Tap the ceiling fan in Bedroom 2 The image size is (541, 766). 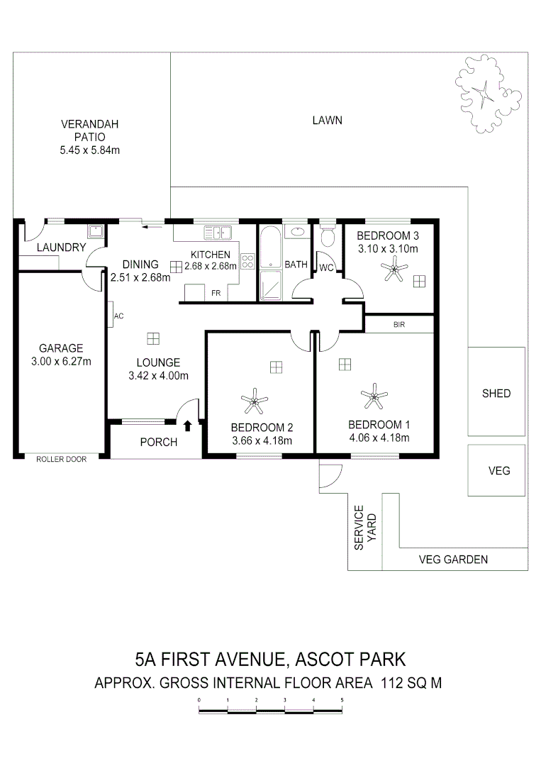point(253,402)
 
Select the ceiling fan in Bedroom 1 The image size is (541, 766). point(373,396)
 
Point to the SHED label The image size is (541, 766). point(496,393)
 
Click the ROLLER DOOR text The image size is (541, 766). point(62,460)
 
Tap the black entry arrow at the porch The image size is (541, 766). point(187,426)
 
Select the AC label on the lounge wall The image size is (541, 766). point(118,316)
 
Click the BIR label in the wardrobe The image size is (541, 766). point(398,325)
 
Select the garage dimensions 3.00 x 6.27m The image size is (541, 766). point(61,362)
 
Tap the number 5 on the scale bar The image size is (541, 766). point(342,700)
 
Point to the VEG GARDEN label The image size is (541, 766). point(454,560)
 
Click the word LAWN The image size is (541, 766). point(328,121)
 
